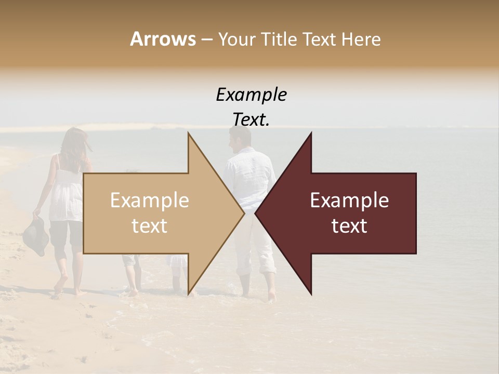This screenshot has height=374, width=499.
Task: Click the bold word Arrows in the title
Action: [163, 39]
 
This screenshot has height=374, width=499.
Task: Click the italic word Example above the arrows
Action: [251, 95]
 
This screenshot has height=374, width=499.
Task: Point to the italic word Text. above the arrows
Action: [251, 120]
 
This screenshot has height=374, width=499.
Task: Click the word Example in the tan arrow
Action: [150, 201]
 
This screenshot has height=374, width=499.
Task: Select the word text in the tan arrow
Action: [150, 226]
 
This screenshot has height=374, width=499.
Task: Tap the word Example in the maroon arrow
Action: [349, 201]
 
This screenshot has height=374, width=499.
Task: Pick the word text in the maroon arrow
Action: [349, 226]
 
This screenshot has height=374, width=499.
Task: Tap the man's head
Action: [240, 138]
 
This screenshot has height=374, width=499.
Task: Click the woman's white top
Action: [65, 195]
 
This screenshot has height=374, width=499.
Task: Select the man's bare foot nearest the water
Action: [271, 295]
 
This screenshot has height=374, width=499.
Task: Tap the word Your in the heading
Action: [237, 39]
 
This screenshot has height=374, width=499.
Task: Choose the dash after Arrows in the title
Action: [206, 39]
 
